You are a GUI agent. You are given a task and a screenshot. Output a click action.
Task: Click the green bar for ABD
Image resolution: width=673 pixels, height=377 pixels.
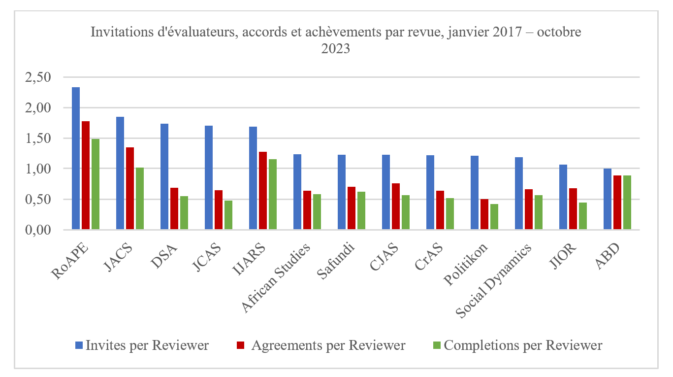tap(627, 203)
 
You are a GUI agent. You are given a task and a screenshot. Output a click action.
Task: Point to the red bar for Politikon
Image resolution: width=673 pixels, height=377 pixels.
tap(484, 214)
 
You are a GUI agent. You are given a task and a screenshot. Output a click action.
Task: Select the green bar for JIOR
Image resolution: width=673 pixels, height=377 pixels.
tap(583, 216)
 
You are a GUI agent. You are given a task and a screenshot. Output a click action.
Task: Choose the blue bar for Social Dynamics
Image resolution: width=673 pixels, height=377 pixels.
tap(519, 194)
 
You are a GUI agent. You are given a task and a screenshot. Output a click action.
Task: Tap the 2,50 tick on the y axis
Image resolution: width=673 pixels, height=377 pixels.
tap(37, 77)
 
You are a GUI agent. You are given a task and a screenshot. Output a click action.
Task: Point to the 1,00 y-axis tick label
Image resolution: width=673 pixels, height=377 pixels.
tap(37, 169)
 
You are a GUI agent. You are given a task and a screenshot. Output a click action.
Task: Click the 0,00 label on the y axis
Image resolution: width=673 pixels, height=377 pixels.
tap(37, 230)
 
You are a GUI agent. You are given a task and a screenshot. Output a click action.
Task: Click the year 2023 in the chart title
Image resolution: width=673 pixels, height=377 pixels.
tap(336, 49)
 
